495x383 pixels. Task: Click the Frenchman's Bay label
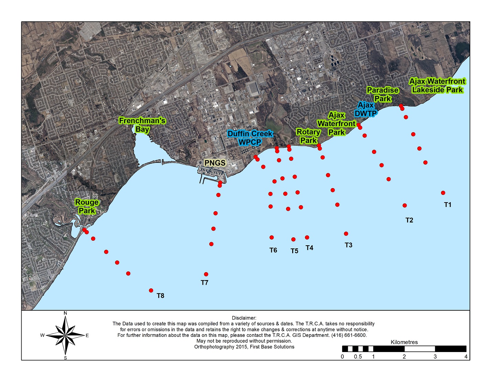tap(142, 125)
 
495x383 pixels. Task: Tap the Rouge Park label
tap(87, 207)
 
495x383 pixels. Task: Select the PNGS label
tap(215, 163)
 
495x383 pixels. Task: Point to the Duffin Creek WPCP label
tap(250, 138)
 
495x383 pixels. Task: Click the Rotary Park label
tap(308, 136)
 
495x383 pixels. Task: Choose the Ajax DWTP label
tap(366, 109)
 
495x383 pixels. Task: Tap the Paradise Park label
tap(383, 94)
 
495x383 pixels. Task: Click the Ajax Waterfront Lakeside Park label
tap(437, 86)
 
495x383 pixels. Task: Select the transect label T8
tap(161, 296)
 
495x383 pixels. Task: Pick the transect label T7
tap(205, 283)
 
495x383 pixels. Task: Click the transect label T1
tap(448, 205)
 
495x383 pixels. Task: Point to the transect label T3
tap(349, 245)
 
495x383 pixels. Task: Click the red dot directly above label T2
tap(405, 206)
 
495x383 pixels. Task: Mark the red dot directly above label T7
tap(206, 275)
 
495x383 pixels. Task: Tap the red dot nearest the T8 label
tap(151, 290)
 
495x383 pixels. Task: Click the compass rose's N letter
tap(65, 313)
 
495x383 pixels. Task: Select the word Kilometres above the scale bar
tap(404, 342)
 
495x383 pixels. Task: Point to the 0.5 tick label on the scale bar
tap(358, 357)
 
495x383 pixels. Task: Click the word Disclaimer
tap(244, 318)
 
